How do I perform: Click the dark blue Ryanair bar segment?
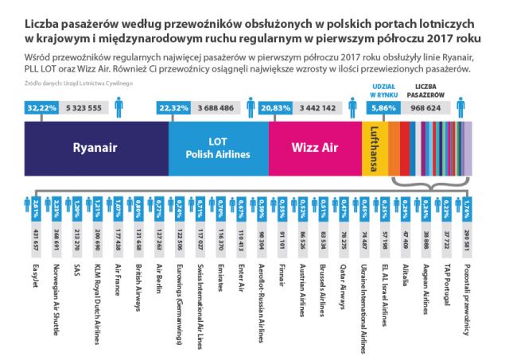95,147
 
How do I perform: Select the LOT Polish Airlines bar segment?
218,147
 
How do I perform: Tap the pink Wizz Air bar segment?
315,147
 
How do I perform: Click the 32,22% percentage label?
37,107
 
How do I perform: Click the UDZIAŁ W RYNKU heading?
385,89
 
